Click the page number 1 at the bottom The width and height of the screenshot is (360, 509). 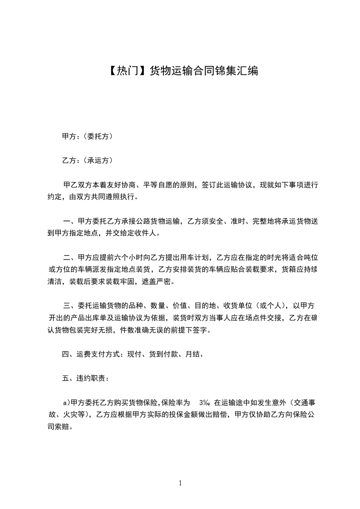point(180,483)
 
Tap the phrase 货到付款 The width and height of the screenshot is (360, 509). point(164,355)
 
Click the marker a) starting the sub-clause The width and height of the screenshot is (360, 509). point(66,402)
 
